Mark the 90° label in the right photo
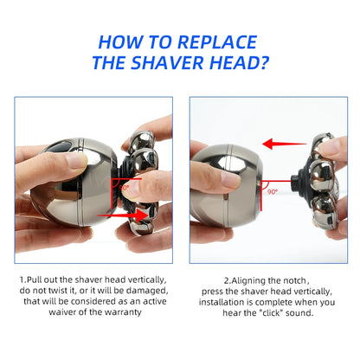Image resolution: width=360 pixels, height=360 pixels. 272,191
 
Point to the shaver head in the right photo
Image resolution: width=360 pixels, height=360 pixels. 315,177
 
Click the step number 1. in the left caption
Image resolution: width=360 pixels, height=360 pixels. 22,280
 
